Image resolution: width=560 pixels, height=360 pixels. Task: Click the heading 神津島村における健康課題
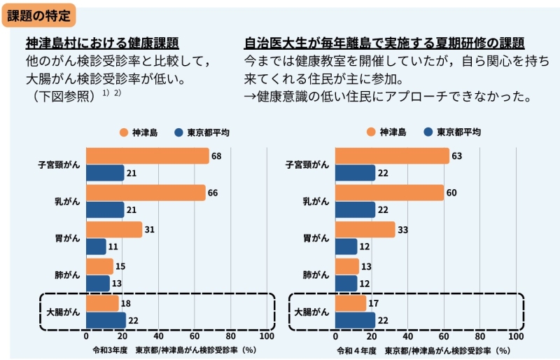(102, 42)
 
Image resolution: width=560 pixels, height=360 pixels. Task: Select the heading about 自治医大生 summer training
(384, 42)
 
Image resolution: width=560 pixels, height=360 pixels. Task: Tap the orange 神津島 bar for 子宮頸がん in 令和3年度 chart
(147, 156)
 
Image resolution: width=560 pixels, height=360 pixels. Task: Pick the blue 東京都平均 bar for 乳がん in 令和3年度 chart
(105, 209)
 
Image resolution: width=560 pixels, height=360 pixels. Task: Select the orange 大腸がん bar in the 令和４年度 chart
(351, 303)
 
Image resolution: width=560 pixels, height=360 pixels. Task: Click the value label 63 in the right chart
(457, 156)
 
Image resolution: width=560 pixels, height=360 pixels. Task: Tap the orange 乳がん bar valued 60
(390, 193)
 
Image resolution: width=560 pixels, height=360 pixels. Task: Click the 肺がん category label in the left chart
(67, 275)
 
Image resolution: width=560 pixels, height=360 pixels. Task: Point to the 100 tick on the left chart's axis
(267, 335)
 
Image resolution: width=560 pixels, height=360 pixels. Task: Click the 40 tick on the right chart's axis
(408, 335)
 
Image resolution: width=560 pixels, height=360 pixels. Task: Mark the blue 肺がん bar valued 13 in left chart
(98, 283)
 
